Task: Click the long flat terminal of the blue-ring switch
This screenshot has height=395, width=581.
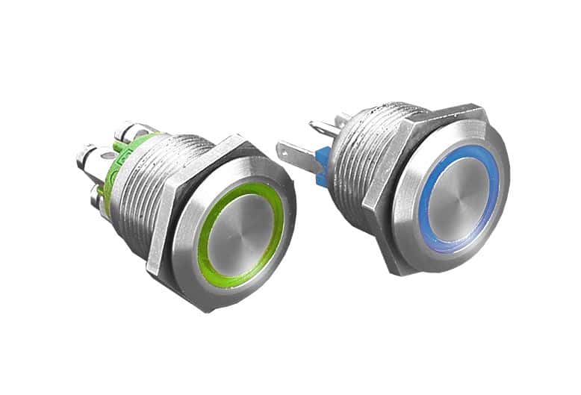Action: (299, 153)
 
